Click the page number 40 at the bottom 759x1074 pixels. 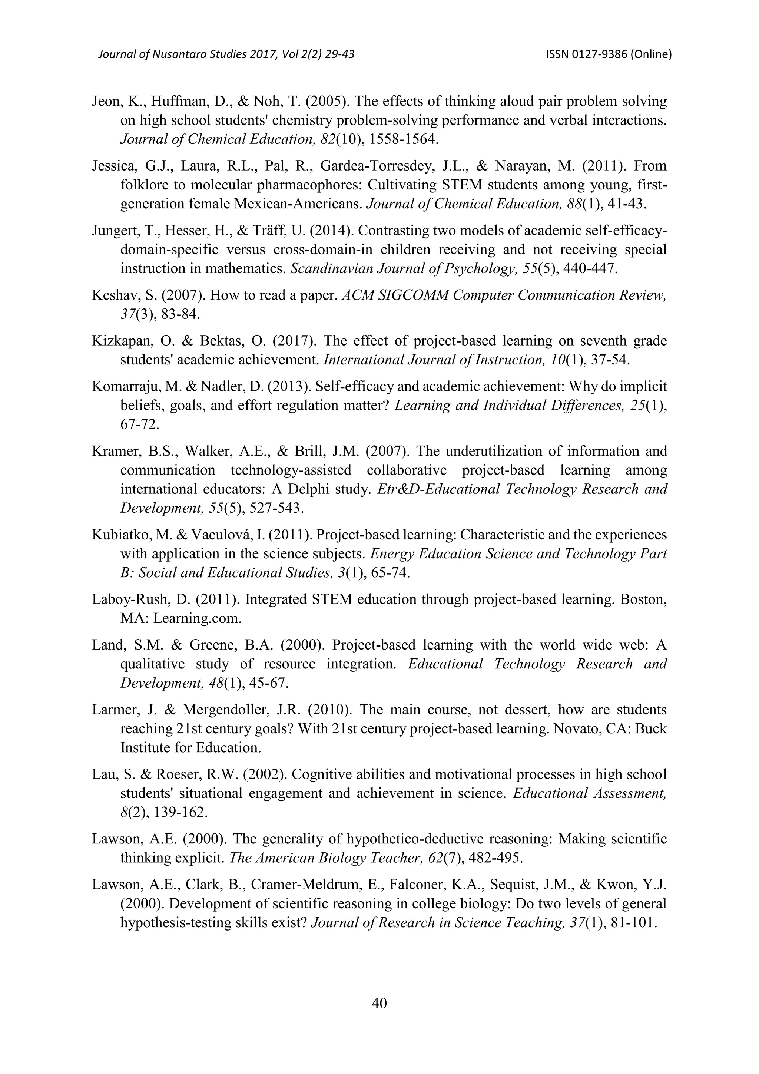point(379,1003)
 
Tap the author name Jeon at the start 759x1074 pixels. point(107,102)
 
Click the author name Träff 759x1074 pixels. point(266,231)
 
